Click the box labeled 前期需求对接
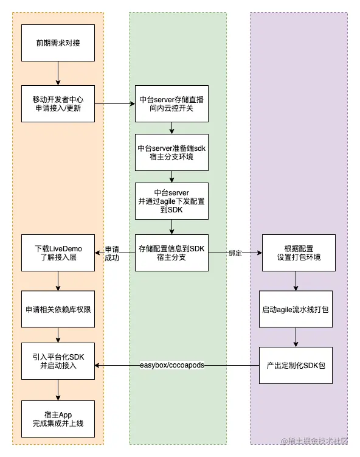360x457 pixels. (x=58, y=43)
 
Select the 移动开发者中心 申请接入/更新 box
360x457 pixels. (x=58, y=103)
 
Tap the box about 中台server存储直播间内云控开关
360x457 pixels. (x=172, y=103)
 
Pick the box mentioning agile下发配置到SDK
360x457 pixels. (x=172, y=201)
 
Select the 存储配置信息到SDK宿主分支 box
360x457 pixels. (x=172, y=253)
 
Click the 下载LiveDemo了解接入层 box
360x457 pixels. (x=58, y=253)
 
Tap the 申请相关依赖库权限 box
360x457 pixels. (x=58, y=309)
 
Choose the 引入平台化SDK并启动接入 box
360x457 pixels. (x=58, y=365)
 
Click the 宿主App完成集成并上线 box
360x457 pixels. (x=58, y=419)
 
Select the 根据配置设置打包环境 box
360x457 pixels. (x=296, y=253)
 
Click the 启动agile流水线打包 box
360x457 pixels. (x=296, y=309)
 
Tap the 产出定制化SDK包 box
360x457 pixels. (x=296, y=365)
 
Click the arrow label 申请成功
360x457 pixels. (x=112, y=253)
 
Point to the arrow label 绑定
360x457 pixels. (x=235, y=253)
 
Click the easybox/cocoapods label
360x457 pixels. (x=172, y=365)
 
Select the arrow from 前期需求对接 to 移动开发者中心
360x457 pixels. (x=58, y=73)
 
